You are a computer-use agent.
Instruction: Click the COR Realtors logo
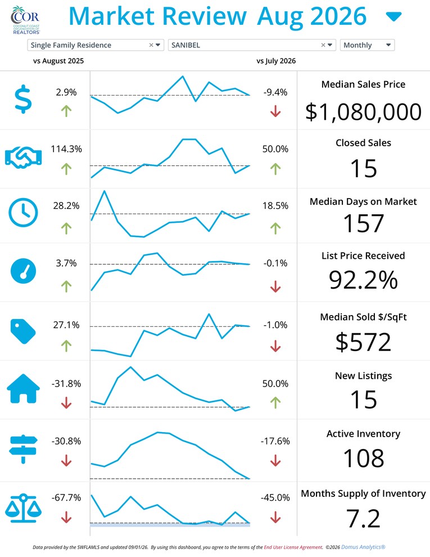coord(25,20)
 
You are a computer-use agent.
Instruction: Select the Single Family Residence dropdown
coord(96,45)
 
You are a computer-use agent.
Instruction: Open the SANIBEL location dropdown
coord(252,45)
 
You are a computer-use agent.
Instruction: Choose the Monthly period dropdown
coord(367,45)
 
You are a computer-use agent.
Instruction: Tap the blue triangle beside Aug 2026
coord(394,16)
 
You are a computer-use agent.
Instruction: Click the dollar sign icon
coord(23,99)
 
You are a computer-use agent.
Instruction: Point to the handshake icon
coord(24,158)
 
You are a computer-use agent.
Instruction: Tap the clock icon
coord(23,213)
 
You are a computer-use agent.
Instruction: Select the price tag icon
coord(23,331)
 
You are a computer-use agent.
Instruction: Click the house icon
coord(24,389)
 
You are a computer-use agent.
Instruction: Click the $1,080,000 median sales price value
coord(363,112)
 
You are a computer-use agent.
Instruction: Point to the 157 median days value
coord(364,223)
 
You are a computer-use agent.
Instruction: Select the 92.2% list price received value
coord(363,280)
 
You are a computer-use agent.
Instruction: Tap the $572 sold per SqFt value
coord(363,342)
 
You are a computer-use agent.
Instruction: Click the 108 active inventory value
coord(364,458)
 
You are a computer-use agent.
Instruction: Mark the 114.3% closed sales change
coord(66,149)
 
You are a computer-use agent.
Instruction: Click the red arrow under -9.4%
coord(275,111)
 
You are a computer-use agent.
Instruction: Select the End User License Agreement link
coord(293,547)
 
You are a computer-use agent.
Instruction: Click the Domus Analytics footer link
coord(363,547)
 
